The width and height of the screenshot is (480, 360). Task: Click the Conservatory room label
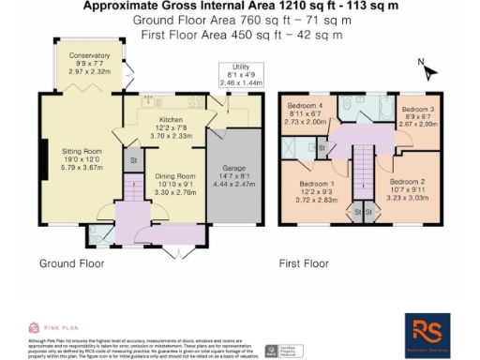pyautogui.click(x=89, y=56)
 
